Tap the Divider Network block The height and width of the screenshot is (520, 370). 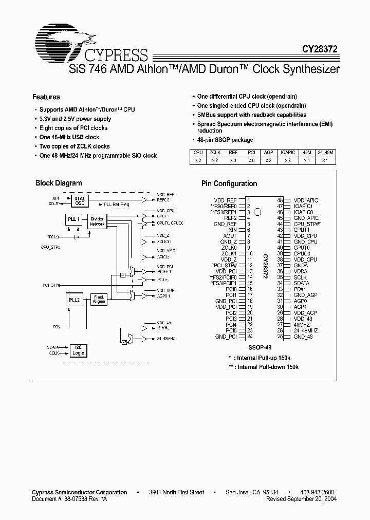click(x=97, y=221)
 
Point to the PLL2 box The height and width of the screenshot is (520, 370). click(x=74, y=299)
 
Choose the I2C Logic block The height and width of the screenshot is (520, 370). click(x=78, y=350)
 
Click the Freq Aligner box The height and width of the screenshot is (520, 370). click(x=99, y=299)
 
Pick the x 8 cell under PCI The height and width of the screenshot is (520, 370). click(x=251, y=160)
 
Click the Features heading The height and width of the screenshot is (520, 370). click(x=46, y=97)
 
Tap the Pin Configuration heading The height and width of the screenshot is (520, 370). click(x=229, y=183)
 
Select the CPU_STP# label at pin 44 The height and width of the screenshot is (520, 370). click(x=306, y=224)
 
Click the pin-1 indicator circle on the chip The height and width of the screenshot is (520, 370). click(x=257, y=211)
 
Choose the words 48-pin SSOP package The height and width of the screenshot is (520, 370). click(x=225, y=140)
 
